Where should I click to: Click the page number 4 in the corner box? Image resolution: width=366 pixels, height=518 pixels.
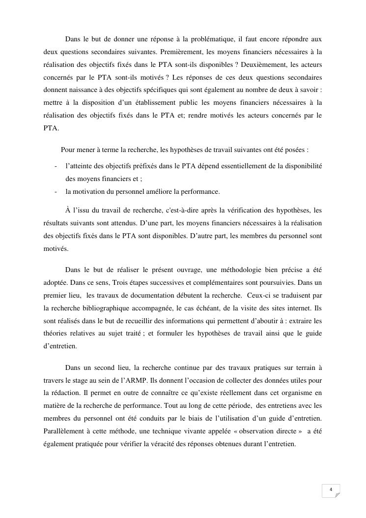point(331,489)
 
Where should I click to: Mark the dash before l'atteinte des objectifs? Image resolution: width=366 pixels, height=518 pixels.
point(56,166)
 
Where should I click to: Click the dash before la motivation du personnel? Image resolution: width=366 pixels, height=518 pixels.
point(56,192)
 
